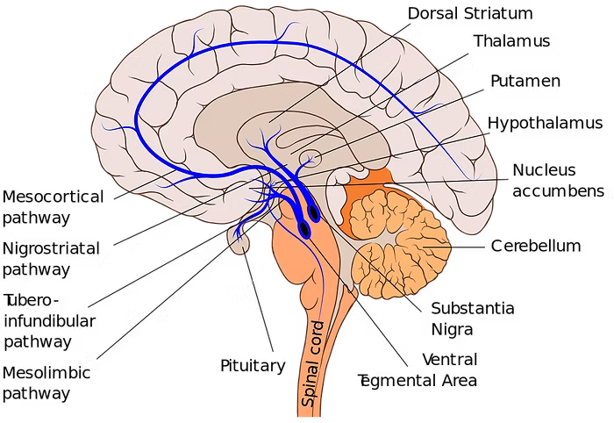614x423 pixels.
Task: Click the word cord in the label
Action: point(317,339)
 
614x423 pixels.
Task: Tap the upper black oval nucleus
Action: point(313,211)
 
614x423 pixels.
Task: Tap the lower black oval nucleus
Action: point(303,229)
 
